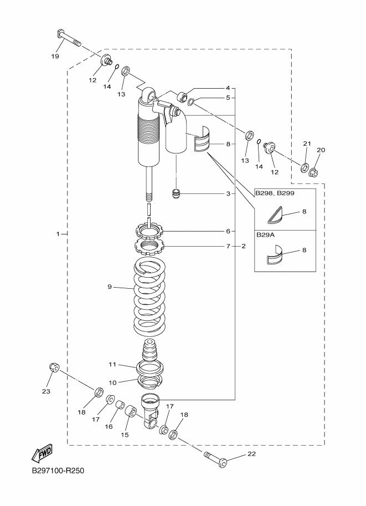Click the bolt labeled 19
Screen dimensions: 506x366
coord(68,39)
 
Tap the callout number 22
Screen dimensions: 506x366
coord(251,454)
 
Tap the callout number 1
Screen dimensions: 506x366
coord(58,234)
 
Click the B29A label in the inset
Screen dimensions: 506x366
coord(265,234)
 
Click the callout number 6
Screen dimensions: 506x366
coord(227,231)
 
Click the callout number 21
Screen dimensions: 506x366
coord(306,144)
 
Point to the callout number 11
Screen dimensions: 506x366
coord(112,365)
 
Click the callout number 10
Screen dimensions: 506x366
coord(112,382)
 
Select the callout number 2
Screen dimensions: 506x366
coord(243,246)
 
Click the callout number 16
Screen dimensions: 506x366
coord(108,427)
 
